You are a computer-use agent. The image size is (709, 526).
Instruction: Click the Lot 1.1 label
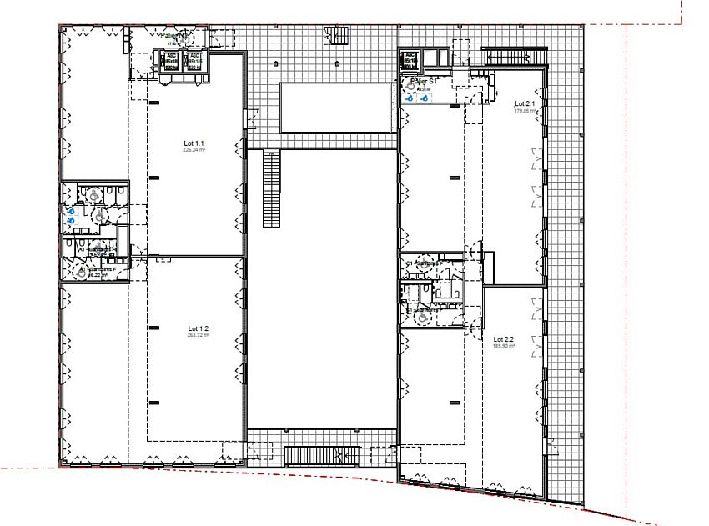[194, 143]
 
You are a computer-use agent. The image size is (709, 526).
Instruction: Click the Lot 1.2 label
[198, 328]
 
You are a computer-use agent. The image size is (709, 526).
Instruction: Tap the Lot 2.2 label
[505, 338]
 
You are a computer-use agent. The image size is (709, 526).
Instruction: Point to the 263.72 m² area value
[198, 336]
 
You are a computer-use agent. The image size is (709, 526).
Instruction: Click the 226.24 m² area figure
[194, 151]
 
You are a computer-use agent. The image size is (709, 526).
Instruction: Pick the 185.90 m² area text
[505, 345]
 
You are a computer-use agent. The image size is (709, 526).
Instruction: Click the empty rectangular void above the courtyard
[336, 107]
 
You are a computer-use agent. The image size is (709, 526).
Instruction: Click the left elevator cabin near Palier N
[171, 62]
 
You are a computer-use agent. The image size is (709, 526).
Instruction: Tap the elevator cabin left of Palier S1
[410, 61]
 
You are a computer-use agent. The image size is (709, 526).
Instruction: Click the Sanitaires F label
[102, 270]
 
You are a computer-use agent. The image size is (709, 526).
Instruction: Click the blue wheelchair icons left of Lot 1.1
[69, 214]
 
